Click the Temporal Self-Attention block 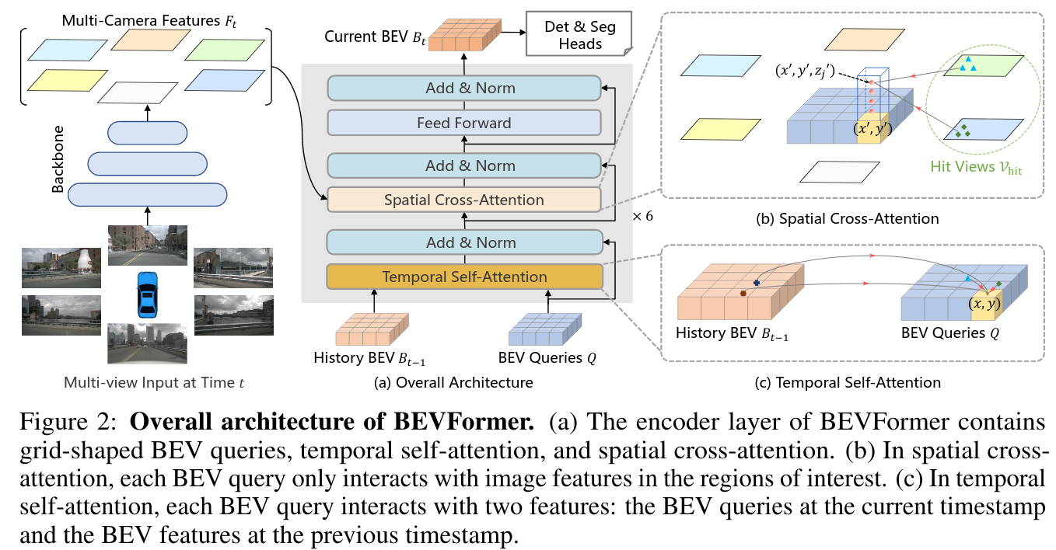pos(465,277)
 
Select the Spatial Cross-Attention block pos(465,200)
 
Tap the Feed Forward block pos(465,123)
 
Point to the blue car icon pos(146,294)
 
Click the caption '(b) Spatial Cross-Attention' pos(847,219)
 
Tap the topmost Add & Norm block pos(465,88)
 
